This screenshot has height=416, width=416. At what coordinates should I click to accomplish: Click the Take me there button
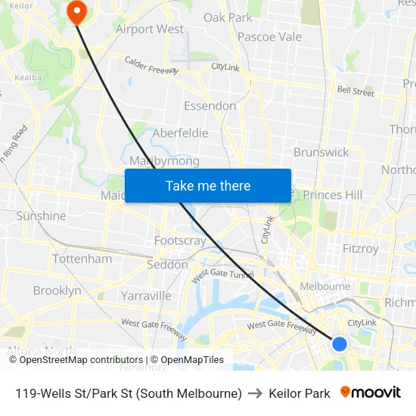coord(208,185)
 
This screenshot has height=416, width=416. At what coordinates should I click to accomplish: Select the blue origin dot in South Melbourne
coord(340,344)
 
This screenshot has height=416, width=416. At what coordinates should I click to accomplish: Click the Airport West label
coord(150,29)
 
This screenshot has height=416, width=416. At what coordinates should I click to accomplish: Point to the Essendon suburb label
coord(210,106)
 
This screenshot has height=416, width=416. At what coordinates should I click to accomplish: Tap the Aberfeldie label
coord(180,133)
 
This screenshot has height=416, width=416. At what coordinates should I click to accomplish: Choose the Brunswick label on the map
coord(321,152)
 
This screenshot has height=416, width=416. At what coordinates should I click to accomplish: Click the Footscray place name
coord(180,241)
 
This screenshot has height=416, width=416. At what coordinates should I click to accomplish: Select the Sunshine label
coord(41,216)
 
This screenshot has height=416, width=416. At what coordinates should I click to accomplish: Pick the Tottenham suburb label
coord(82,259)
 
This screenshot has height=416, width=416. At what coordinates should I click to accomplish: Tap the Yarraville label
coord(146,296)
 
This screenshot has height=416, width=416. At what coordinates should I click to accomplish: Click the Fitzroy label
coord(360,248)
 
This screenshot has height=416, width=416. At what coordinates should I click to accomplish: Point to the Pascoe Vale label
coord(269,37)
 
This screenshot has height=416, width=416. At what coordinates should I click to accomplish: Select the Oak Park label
coord(228,17)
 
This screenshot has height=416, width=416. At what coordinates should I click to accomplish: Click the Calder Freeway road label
coord(151,66)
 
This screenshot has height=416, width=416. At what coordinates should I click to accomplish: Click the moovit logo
coord(371,393)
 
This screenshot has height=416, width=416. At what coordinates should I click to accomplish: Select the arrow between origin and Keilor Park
coord(255,393)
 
